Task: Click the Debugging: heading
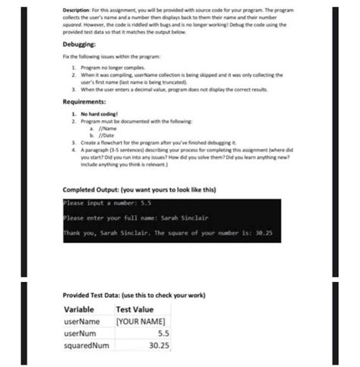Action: point(84,44)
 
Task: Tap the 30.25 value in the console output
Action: point(264,233)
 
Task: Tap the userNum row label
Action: point(81,333)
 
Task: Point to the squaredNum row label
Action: point(87,345)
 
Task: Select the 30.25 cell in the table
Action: point(159,345)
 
